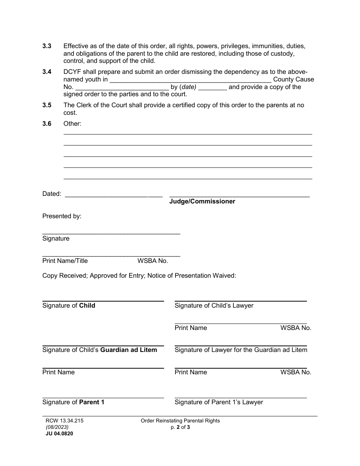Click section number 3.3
click(x=47, y=46)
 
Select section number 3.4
click(x=47, y=72)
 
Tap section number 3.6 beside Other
click(x=47, y=124)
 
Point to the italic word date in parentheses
click(x=188, y=87)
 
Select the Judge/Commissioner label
click(x=202, y=202)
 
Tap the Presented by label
click(x=62, y=216)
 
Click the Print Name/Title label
click(x=65, y=261)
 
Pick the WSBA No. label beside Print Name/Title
click(x=153, y=261)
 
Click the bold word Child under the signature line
click(x=87, y=306)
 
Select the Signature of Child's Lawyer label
click(x=214, y=306)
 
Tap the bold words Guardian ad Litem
click(x=128, y=350)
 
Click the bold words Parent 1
click(x=92, y=402)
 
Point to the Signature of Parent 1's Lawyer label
click(x=219, y=402)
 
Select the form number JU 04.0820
click(x=59, y=434)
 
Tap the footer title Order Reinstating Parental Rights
click(x=180, y=421)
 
